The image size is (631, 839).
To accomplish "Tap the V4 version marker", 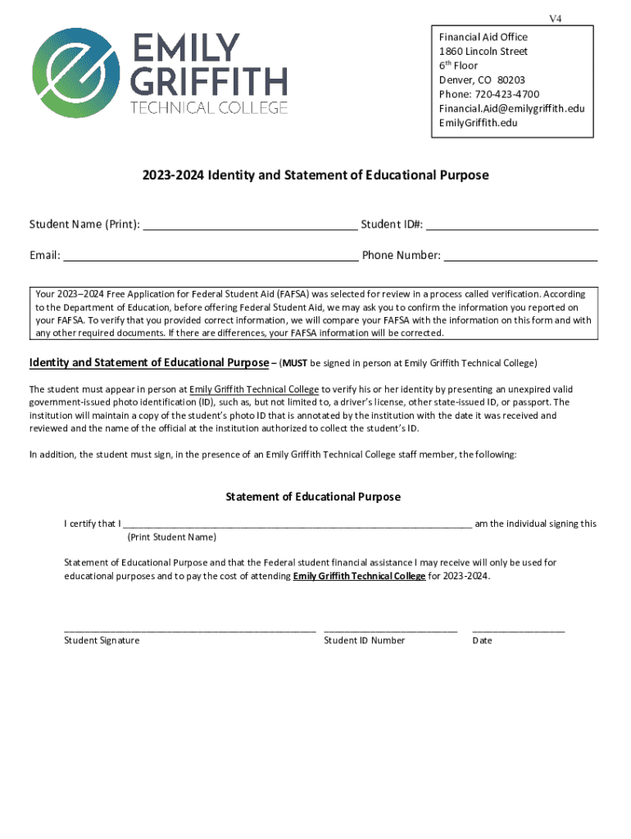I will tap(555, 19).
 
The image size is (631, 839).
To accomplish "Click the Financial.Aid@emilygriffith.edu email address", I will tap(511, 109).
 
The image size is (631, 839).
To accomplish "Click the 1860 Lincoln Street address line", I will tap(483, 52).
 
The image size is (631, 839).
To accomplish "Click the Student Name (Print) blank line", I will tap(250, 226).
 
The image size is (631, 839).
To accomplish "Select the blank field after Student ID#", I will tap(512, 226).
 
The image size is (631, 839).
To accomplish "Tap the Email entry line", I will tap(211, 256).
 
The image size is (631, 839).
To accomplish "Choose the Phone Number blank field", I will tap(520, 256).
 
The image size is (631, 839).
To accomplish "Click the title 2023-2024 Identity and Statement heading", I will tap(315, 175).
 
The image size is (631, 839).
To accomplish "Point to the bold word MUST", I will tap(295, 363).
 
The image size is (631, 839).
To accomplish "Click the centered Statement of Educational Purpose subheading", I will tap(313, 497).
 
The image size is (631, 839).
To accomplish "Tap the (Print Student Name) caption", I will tap(172, 537).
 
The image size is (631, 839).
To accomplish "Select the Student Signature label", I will tap(102, 641).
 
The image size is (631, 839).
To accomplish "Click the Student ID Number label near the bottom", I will tap(364, 641).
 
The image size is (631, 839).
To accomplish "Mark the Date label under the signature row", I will tap(482, 641).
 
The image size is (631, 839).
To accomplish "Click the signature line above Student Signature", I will tap(189, 629).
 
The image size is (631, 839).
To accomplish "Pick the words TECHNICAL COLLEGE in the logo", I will tap(210, 107).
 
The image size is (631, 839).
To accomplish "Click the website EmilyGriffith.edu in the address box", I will tap(478, 123).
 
